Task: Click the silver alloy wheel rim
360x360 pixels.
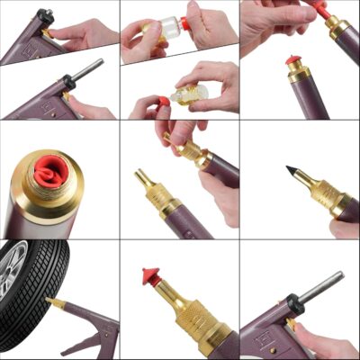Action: pos(15,274)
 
